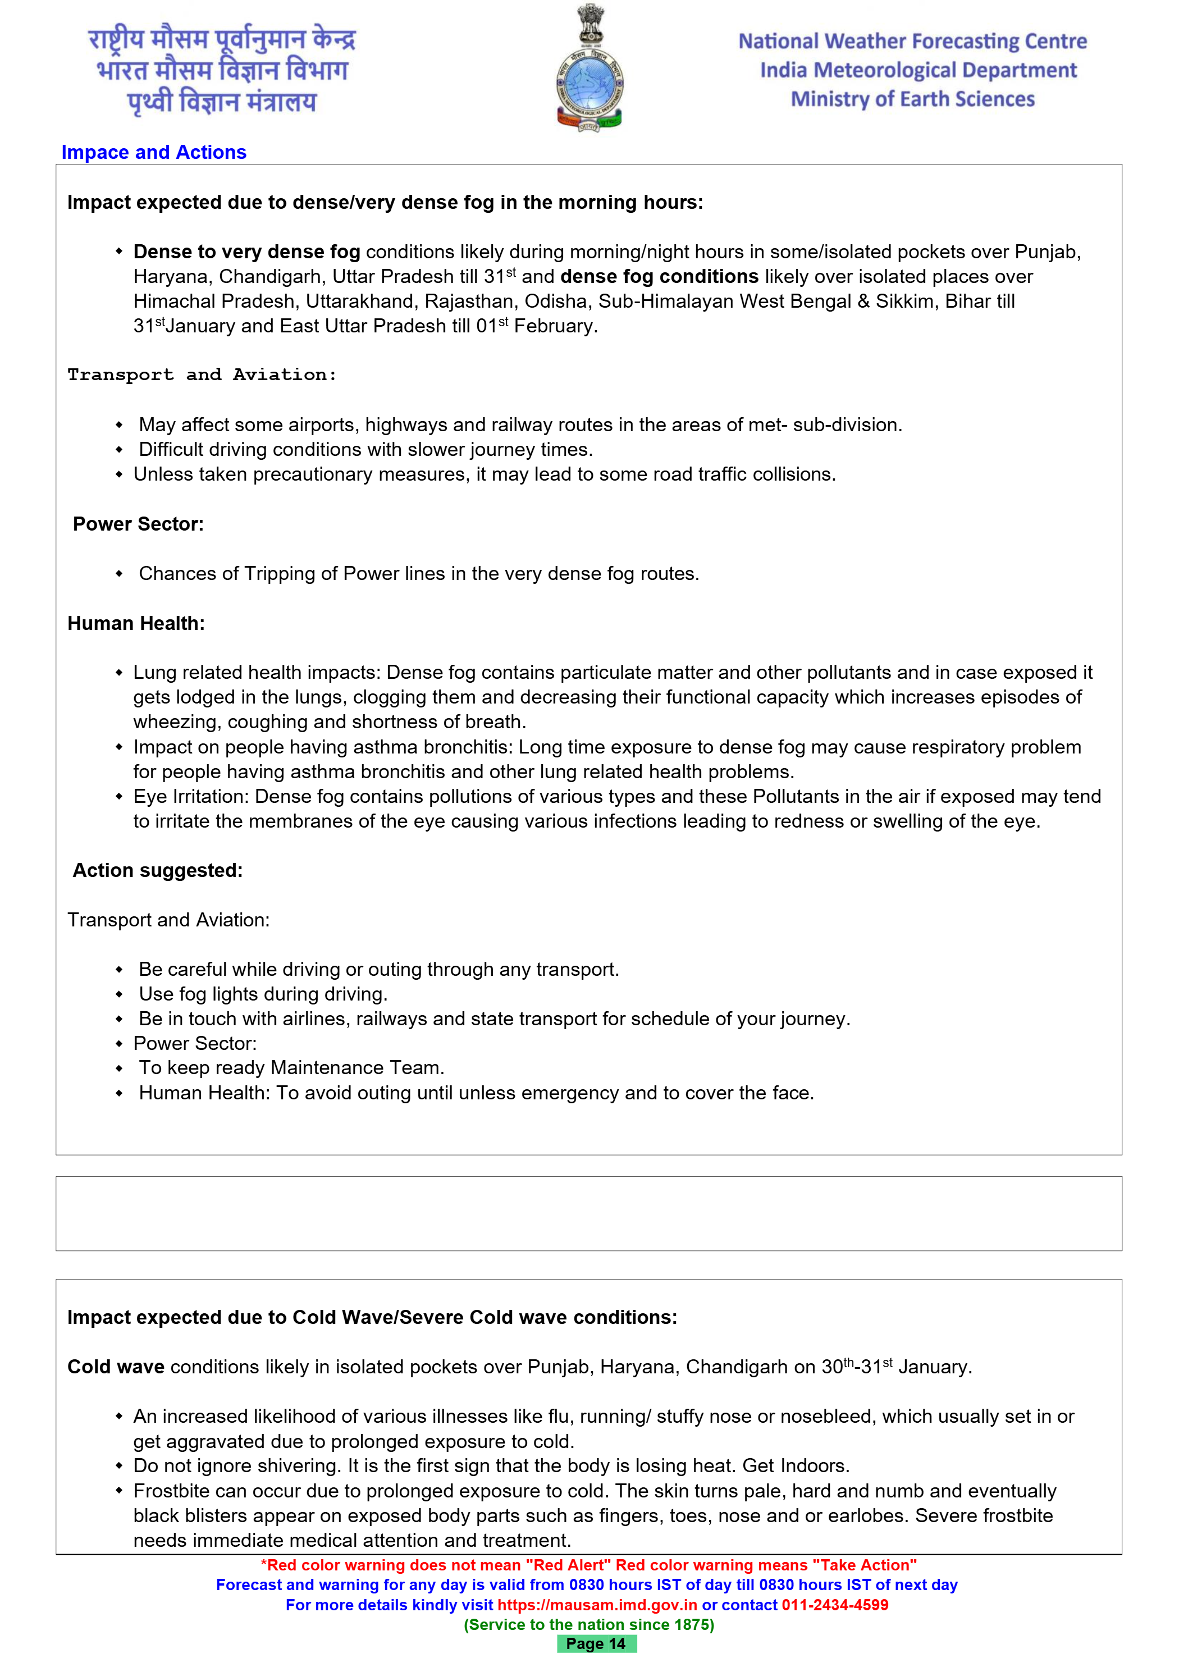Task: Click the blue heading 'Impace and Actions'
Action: click(154, 153)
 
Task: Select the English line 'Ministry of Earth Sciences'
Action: click(912, 99)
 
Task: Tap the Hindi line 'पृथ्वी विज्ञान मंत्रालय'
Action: click(222, 102)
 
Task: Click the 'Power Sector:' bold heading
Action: click(138, 524)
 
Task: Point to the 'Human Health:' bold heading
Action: click(136, 624)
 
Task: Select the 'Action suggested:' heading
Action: click(158, 870)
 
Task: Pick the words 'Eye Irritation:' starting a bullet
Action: click(191, 797)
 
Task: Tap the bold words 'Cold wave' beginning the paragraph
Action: click(116, 1367)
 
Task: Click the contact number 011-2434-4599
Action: click(835, 1605)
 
